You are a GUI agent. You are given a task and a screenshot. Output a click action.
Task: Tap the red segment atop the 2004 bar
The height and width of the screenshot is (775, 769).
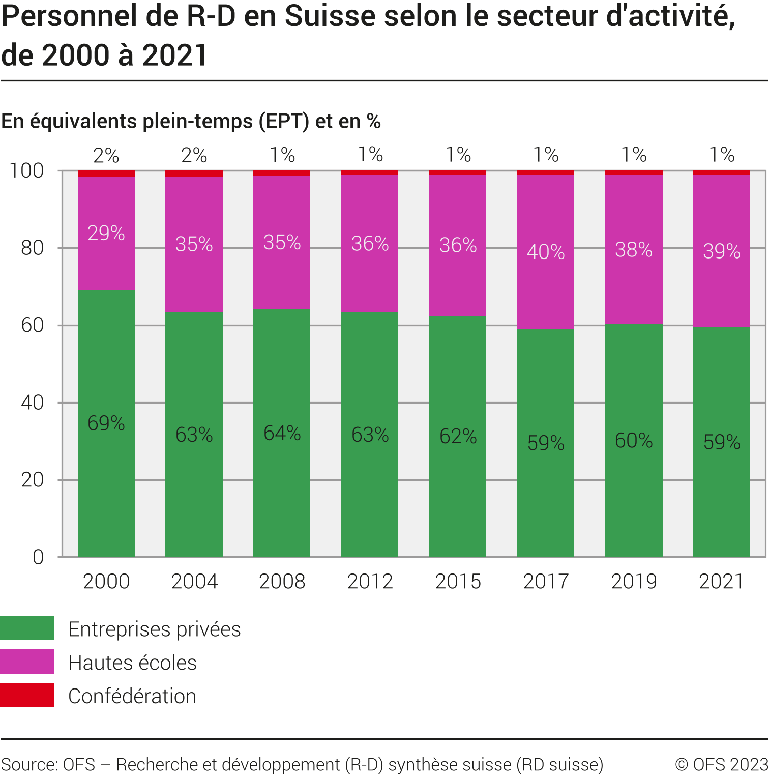(x=194, y=174)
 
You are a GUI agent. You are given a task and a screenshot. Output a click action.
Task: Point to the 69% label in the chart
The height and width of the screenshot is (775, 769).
(x=106, y=423)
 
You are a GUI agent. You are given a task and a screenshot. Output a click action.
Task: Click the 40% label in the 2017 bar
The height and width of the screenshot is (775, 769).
(x=546, y=252)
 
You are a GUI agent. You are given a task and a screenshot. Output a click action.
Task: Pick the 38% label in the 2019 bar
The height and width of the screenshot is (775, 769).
(x=634, y=250)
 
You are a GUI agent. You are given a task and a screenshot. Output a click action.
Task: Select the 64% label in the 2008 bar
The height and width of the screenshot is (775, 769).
(x=282, y=433)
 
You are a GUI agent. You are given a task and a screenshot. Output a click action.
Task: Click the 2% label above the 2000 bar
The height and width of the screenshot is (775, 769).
(x=106, y=155)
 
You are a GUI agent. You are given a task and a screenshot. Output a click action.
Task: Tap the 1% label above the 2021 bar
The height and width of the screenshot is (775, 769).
(x=722, y=155)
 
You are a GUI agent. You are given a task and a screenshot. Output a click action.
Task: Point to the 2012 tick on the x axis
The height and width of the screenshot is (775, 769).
(x=370, y=581)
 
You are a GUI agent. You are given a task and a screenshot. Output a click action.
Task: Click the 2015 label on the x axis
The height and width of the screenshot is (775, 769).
(x=458, y=581)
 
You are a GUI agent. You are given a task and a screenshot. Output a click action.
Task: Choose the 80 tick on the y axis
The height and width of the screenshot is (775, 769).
(x=33, y=248)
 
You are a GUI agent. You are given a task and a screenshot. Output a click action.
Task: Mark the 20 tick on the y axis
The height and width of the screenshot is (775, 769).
(x=33, y=480)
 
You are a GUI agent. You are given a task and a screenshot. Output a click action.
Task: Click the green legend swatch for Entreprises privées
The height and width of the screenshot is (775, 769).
(x=27, y=628)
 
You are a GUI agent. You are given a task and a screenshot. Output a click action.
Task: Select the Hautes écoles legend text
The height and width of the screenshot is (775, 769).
(x=132, y=663)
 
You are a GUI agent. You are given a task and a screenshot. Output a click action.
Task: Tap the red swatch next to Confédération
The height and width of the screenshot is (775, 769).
(x=27, y=695)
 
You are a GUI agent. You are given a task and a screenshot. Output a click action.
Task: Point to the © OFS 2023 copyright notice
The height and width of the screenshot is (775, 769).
(x=721, y=764)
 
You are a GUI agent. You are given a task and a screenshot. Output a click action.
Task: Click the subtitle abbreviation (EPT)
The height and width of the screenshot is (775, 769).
(x=284, y=121)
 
